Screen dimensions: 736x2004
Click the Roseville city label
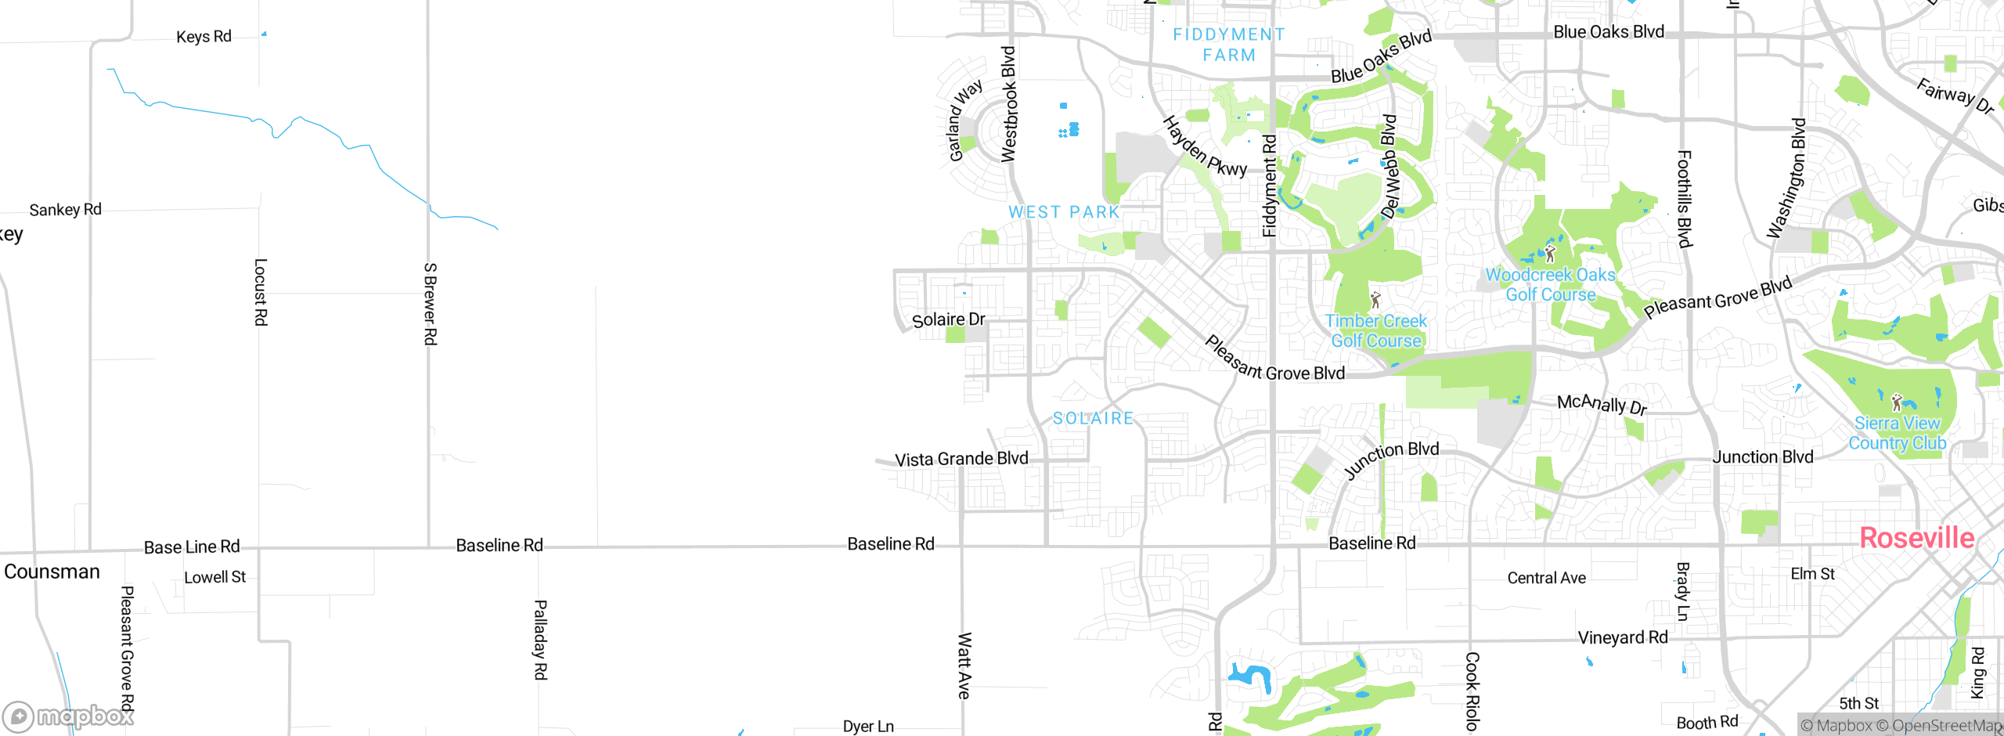(x=1916, y=538)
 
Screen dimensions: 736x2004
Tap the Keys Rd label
(x=204, y=37)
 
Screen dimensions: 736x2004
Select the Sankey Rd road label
(x=66, y=210)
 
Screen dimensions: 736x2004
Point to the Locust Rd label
(x=261, y=292)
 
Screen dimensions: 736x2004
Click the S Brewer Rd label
(x=430, y=304)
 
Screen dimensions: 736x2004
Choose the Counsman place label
(x=52, y=572)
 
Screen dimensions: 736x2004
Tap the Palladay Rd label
(x=540, y=639)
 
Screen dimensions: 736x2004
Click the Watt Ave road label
(x=964, y=666)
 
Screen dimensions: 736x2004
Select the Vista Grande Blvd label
(x=961, y=459)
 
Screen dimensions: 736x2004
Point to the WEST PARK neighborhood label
(x=1064, y=212)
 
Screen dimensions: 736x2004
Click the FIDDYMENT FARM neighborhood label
(x=1229, y=45)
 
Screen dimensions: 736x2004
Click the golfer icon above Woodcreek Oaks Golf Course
(x=1550, y=254)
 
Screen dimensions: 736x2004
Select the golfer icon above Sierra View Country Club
(x=1896, y=402)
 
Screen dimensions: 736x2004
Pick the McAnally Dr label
(x=1602, y=404)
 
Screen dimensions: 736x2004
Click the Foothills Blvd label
(x=1685, y=199)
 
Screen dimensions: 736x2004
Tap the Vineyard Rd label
(x=1623, y=637)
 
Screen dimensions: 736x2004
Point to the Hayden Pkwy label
(x=1204, y=147)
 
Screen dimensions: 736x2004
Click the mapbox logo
(x=69, y=716)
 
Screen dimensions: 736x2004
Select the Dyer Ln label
(x=868, y=727)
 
